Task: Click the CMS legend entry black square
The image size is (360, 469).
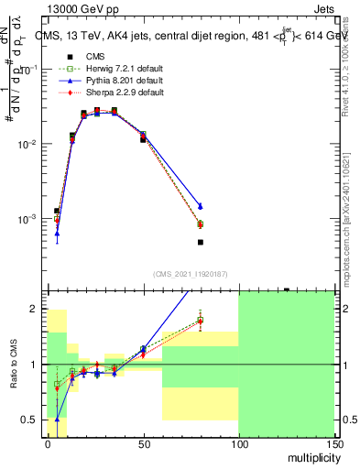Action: pyautogui.click(x=65, y=56)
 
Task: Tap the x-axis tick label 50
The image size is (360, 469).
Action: pyautogui.click(x=143, y=443)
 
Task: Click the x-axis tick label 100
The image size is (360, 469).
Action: pyautogui.click(x=238, y=443)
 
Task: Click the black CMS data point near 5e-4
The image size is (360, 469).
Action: pyautogui.click(x=200, y=242)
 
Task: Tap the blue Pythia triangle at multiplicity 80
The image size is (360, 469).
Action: pyautogui.click(x=200, y=206)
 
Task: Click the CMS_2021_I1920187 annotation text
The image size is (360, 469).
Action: pyautogui.click(x=191, y=274)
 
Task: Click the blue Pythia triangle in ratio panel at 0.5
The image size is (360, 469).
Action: pyautogui.click(x=57, y=420)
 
